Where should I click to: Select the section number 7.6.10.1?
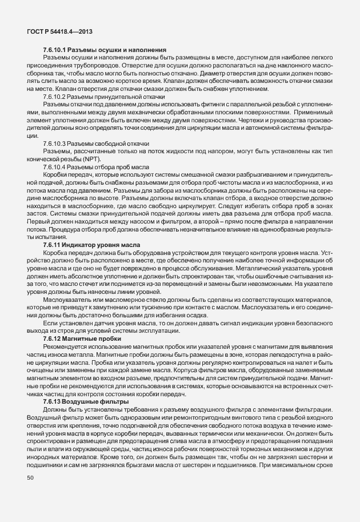[55, 51]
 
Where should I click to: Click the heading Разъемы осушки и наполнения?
[118, 51]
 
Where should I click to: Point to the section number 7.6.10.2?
[55, 98]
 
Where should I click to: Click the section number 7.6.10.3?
[55, 144]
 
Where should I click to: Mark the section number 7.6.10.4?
[55, 164]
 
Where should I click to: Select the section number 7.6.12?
[53, 338]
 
